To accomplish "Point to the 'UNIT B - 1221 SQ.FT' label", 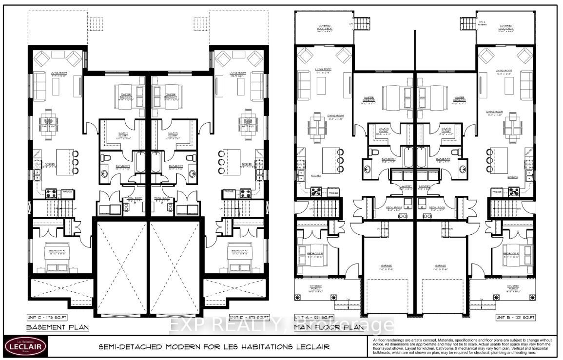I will point(517,317).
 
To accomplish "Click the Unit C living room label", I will point(58,74).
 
